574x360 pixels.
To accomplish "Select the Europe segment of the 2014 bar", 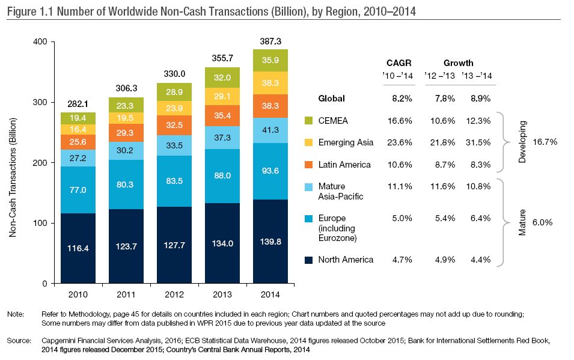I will point(270,171).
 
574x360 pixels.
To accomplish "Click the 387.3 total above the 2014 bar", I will point(270,41).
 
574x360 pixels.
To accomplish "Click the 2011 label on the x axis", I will point(126,294).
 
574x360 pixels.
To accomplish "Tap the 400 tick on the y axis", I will point(40,42).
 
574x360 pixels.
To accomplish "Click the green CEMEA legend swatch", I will point(309,121).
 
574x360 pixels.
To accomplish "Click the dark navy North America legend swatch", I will point(309,260).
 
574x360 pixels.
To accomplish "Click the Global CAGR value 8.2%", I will point(400,99).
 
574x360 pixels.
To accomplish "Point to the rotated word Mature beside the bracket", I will point(522,221).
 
